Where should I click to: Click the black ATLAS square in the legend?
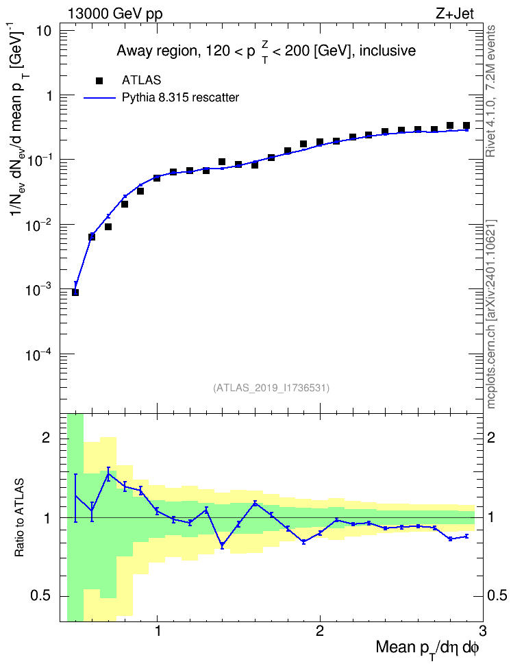99,81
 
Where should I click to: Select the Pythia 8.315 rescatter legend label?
181,98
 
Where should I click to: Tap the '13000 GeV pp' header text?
115,14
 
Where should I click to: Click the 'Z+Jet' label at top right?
455,14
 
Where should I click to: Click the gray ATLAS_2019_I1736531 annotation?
271,388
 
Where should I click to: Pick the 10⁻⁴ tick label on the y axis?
39,354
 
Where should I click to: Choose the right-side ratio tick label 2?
491,438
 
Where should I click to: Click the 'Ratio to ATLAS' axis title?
19,518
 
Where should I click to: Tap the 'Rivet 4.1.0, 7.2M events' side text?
491,91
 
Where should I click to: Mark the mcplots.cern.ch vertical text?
491,314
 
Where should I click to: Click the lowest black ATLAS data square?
75,292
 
